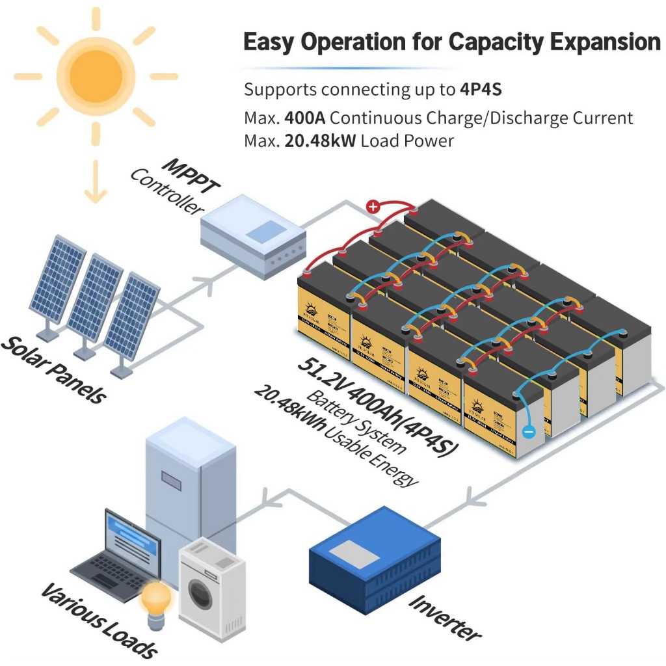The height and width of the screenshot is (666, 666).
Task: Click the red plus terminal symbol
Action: [373, 207]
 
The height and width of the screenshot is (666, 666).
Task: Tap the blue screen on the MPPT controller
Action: [265, 230]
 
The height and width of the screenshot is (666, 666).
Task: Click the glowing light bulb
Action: [157, 598]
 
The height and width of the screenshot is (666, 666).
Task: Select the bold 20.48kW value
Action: [320, 140]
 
